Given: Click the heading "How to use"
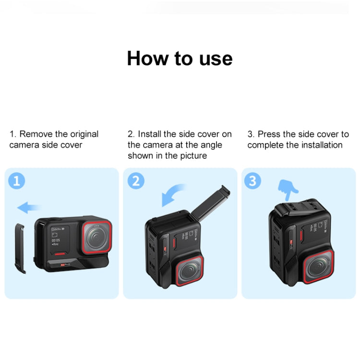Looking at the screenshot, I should pos(180,58).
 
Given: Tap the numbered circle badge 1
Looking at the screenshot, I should pos(17,181).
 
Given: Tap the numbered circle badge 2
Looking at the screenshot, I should pos(136,181).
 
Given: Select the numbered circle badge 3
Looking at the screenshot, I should pos(252,181).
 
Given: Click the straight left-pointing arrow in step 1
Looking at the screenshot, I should pos(29,208).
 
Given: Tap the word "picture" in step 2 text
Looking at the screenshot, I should pos(191,156).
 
